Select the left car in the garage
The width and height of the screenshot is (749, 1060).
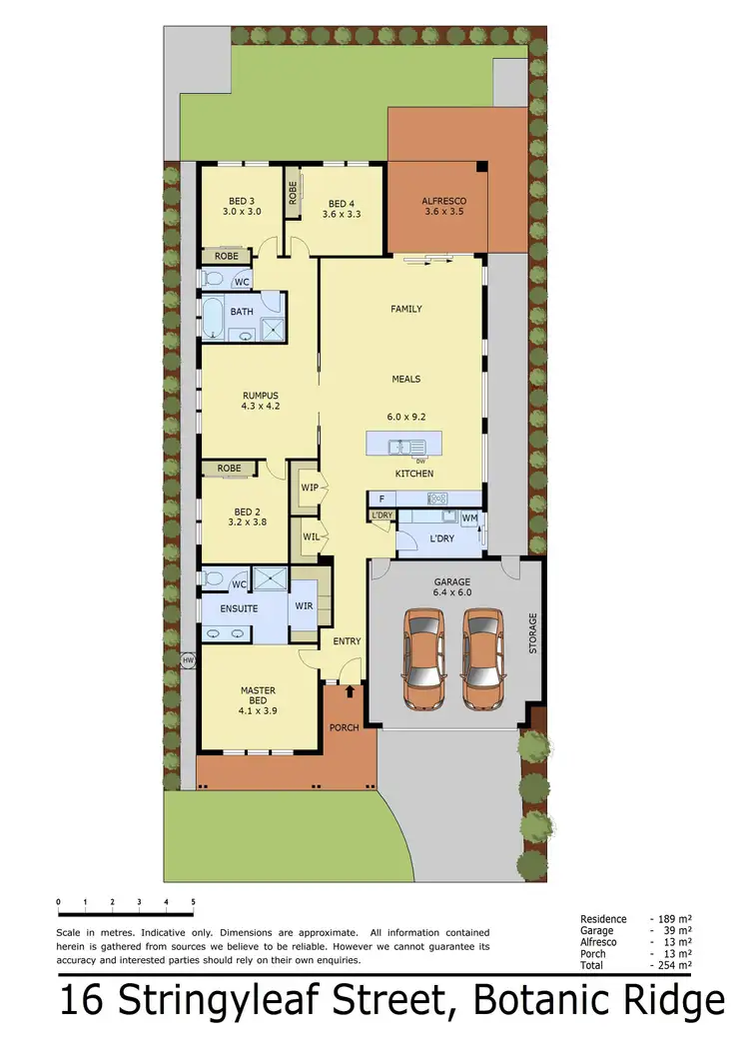click(423, 661)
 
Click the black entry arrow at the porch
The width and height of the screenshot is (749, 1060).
click(351, 689)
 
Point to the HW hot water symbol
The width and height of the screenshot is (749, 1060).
click(187, 660)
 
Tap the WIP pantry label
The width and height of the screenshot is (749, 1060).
click(310, 488)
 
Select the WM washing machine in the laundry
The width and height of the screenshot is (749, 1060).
click(468, 518)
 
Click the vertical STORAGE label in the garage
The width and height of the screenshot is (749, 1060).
click(532, 632)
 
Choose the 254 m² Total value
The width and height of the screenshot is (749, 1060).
click(676, 966)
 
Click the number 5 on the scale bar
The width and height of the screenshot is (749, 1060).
click(193, 902)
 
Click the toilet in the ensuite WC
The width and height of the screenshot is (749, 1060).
click(213, 578)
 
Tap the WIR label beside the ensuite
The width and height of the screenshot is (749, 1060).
click(303, 605)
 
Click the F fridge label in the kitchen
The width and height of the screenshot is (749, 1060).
click(380, 498)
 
